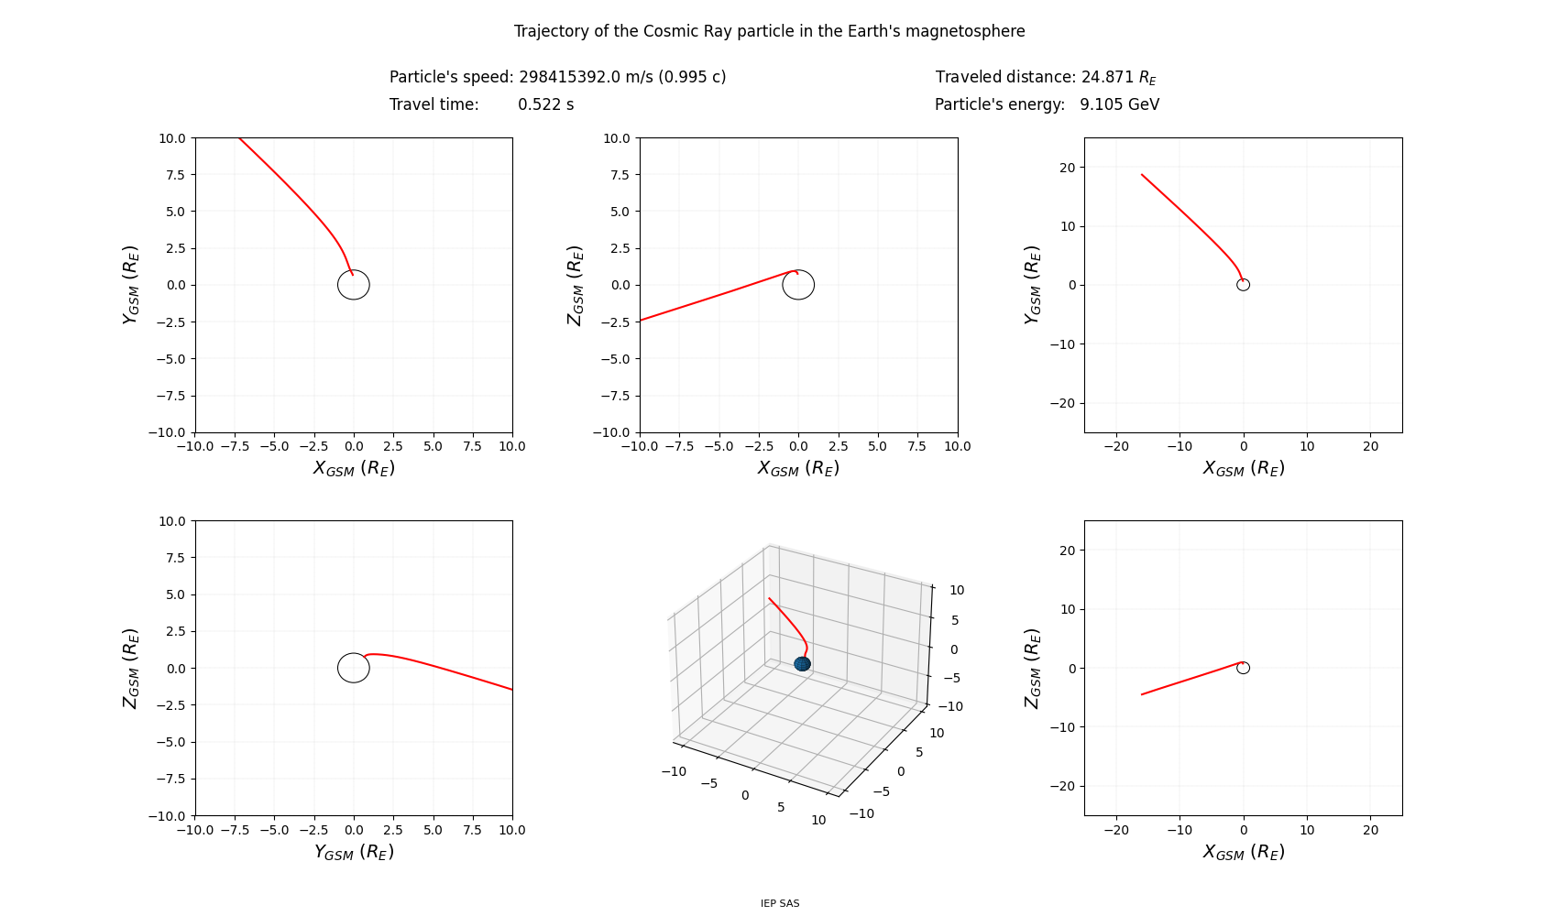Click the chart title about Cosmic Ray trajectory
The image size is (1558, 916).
(769, 31)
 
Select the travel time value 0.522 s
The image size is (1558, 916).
(545, 104)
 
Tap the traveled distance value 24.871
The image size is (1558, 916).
(1107, 77)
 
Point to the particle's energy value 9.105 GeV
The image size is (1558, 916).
(1119, 104)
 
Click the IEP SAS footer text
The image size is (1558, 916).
(780, 903)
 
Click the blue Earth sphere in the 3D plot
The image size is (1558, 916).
(802, 663)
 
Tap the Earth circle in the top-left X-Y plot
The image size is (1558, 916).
(354, 285)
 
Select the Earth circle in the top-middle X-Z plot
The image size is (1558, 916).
(798, 285)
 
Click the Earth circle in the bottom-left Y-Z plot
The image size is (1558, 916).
(354, 668)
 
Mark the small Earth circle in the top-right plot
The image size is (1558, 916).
(1243, 285)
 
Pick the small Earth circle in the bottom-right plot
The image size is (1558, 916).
(1243, 668)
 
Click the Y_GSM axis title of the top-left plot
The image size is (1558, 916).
(130, 285)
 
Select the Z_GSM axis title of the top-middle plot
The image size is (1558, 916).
(575, 285)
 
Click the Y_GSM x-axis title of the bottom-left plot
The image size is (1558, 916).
(354, 852)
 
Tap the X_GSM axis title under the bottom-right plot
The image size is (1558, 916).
(1243, 852)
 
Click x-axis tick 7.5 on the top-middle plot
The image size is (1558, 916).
(917, 446)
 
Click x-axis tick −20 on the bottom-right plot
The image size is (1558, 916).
(1116, 830)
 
